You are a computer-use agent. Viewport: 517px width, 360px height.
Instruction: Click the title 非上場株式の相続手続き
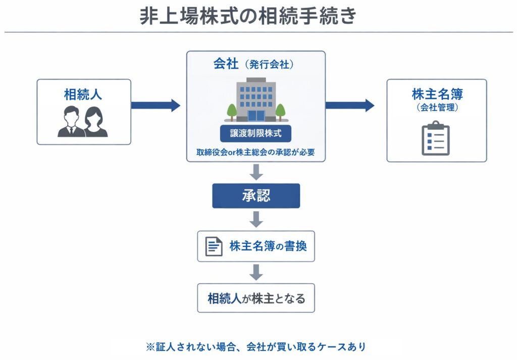(x=248, y=16)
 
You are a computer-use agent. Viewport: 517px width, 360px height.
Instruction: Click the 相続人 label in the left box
(x=83, y=94)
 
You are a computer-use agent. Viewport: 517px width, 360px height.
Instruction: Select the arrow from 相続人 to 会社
(x=156, y=106)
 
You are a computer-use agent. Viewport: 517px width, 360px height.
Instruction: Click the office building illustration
(x=256, y=99)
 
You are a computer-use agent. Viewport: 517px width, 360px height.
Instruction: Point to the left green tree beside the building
(x=232, y=111)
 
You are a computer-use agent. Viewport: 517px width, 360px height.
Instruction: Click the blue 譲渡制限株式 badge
(x=255, y=134)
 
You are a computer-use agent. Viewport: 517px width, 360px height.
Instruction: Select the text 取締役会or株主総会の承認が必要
(x=255, y=152)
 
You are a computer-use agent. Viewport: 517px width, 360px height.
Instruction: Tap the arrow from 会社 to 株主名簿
(x=349, y=106)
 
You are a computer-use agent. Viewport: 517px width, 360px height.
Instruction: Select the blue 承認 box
(x=255, y=196)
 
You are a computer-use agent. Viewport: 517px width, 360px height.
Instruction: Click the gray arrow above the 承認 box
(x=256, y=172)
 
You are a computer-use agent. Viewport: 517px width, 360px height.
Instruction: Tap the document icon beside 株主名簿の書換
(x=214, y=246)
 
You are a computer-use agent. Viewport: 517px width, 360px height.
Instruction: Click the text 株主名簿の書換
(x=268, y=246)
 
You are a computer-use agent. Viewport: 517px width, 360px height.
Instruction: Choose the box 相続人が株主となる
(x=256, y=298)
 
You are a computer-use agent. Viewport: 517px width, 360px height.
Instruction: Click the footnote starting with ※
(x=255, y=347)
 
